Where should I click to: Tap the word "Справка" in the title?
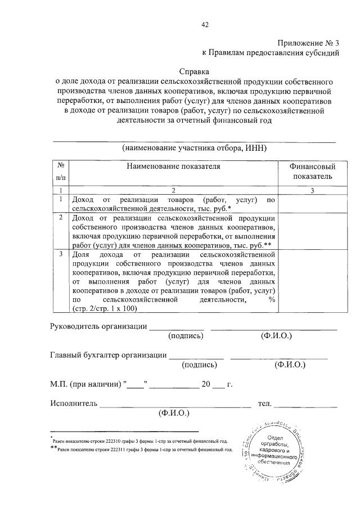pyautogui.click(x=193, y=72)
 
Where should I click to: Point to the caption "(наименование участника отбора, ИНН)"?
pyautogui.click(x=194, y=149)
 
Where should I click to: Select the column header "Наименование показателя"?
pyautogui.click(x=173, y=167)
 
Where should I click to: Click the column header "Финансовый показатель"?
pyautogui.click(x=312, y=172)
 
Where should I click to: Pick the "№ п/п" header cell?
pyautogui.click(x=60, y=172)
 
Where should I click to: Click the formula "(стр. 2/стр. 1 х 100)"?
pyautogui.click(x=105, y=308)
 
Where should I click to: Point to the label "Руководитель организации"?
pyautogui.click(x=98, y=326)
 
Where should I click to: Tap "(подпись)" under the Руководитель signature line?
pyautogui.click(x=186, y=336)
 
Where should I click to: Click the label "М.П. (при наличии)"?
pyautogui.click(x=87, y=385)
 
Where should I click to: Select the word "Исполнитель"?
pyautogui.click(x=74, y=403)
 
